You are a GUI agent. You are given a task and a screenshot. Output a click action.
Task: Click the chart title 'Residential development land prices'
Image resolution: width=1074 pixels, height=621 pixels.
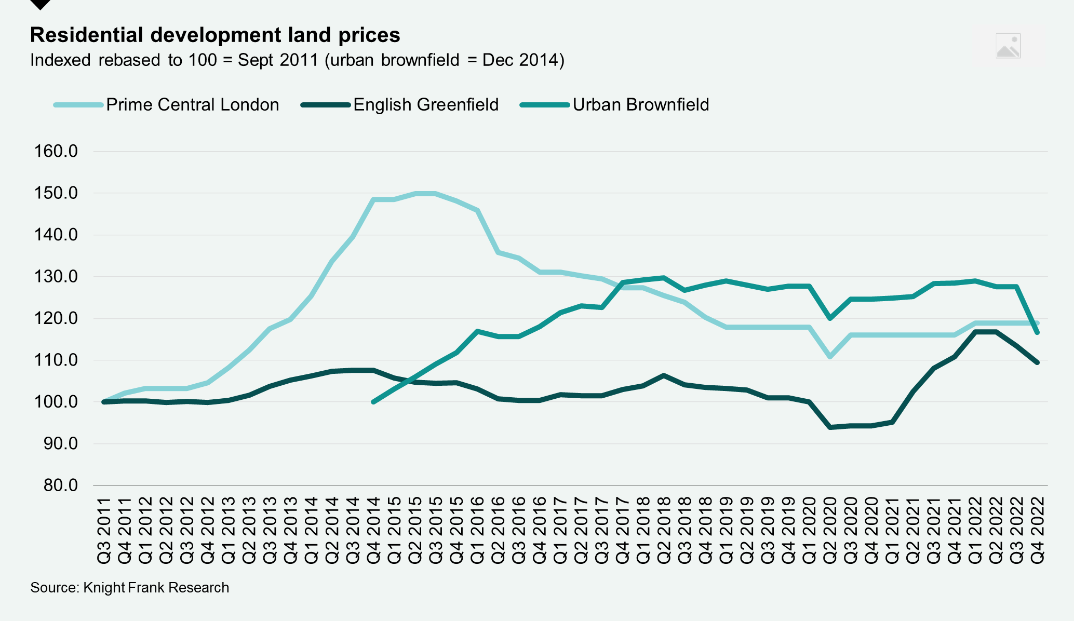pos(215,35)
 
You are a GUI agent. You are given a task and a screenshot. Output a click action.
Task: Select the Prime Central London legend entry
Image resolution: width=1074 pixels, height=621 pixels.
pos(192,105)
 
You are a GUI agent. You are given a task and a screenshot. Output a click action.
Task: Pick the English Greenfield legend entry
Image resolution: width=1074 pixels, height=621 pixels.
pos(425,105)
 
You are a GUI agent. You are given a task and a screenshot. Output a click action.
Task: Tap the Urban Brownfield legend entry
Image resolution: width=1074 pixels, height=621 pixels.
pos(640,105)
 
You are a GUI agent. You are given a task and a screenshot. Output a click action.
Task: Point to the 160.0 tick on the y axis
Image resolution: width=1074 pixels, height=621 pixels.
pos(56,152)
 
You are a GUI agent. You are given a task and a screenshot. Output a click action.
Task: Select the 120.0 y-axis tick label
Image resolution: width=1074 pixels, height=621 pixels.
pos(56,318)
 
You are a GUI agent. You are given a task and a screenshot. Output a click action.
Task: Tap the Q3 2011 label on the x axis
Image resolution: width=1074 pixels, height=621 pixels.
pos(104,530)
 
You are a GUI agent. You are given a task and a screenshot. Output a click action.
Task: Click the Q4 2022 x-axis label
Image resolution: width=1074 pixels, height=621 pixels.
pos(1038,530)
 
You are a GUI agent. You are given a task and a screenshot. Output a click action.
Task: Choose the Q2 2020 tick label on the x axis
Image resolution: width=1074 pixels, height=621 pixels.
pos(830,530)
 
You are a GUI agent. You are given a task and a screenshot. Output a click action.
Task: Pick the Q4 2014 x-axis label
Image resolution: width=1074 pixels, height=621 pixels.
pos(373,530)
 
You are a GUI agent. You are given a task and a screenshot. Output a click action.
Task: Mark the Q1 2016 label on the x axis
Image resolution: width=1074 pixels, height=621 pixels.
pos(477,530)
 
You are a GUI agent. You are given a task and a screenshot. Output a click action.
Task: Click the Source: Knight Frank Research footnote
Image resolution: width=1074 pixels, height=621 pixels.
pos(129,588)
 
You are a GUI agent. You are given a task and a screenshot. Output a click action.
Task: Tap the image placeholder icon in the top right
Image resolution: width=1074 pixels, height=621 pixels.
pos(1008,46)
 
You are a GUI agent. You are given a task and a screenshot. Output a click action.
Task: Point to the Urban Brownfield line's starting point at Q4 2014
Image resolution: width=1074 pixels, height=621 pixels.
pos(373,402)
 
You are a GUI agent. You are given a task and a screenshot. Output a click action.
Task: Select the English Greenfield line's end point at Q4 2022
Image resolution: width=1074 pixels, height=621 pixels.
pos(1037,362)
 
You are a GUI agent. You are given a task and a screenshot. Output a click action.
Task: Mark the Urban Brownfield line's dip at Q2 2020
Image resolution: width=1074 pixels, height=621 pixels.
pos(830,318)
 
